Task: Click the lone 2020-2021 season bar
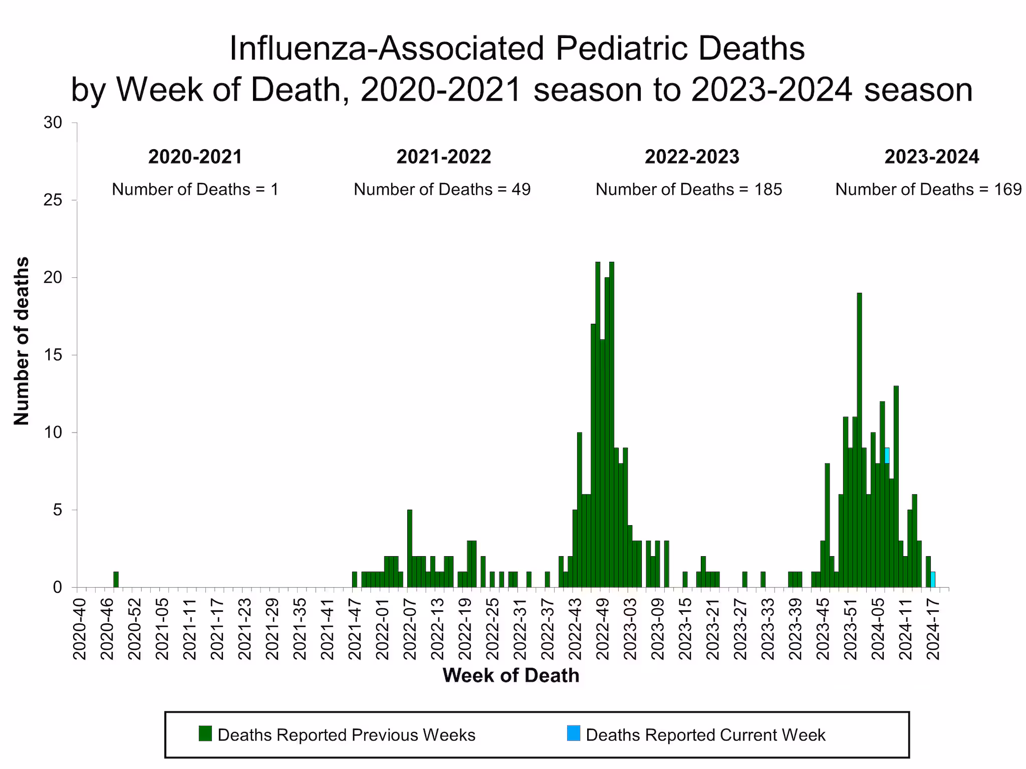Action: click(116, 579)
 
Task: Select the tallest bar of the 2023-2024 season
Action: click(859, 441)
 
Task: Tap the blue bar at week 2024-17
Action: click(932, 579)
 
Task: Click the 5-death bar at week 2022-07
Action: click(409, 548)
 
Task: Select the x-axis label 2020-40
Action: click(80, 629)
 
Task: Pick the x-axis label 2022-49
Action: click(602, 629)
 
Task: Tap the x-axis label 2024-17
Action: click(933, 629)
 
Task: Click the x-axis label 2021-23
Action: click(244, 629)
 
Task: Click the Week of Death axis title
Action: click(510, 675)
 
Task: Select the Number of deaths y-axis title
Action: click(21, 341)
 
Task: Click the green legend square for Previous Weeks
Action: click(205, 733)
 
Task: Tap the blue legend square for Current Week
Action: click(574, 733)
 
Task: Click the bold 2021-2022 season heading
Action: click(443, 157)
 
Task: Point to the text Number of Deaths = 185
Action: click(688, 189)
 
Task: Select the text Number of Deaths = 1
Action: click(195, 189)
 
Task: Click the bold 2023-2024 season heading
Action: click(931, 157)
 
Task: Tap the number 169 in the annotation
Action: click(1007, 189)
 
